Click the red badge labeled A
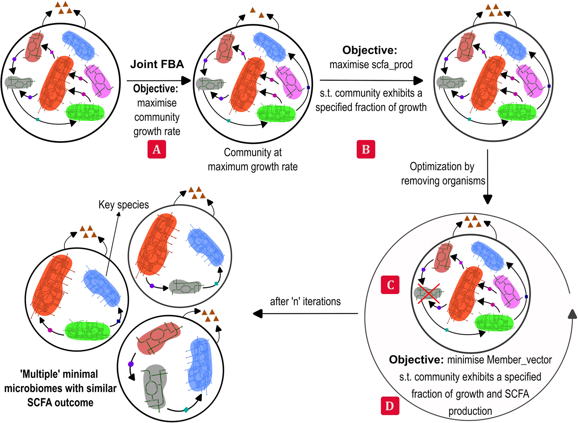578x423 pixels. click(157, 149)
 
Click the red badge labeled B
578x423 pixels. click(366, 149)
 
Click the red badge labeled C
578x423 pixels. click(390, 285)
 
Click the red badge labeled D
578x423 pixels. click(390, 406)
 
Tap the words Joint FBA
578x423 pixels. click(157, 64)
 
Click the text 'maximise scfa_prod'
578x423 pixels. click(371, 64)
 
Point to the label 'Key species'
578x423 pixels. click(124, 205)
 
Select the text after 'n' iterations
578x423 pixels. click(305, 301)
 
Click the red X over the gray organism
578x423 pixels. click(428, 293)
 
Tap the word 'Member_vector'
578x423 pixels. click(499, 360)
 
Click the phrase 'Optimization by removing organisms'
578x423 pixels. click(443, 173)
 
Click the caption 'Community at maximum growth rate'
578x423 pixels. click(253, 159)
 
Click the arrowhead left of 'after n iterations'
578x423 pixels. click(258, 314)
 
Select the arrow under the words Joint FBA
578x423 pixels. click(159, 80)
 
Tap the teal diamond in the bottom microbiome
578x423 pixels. click(186, 410)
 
